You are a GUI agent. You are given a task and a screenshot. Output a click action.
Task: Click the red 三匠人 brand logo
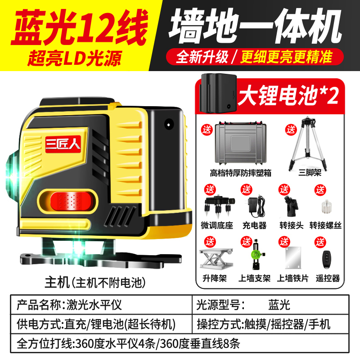pos(63,144)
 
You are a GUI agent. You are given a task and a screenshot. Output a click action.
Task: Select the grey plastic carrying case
pos(241,143)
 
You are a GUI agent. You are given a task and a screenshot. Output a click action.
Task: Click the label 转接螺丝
pos(325,225)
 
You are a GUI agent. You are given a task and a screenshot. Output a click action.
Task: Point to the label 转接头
pos(291,225)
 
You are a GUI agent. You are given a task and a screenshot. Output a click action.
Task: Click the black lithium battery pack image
pos(218,93)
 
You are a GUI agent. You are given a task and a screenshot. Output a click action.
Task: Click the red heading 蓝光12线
pos(79,27)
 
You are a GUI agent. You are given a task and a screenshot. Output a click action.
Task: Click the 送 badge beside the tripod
pos(291,130)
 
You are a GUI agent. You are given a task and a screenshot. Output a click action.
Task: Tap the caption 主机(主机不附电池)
pos(95,282)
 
